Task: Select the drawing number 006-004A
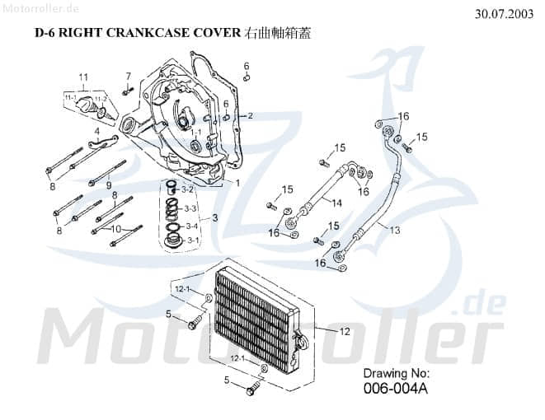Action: click(397, 390)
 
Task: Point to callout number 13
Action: click(395, 230)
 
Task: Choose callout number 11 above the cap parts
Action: click(82, 77)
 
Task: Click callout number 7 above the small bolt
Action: click(129, 77)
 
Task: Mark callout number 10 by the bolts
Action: click(116, 228)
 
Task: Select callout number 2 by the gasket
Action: click(250, 116)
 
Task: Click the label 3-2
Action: click(189, 189)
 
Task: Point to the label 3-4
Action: click(191, 226)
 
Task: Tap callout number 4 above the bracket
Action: click(96, 131)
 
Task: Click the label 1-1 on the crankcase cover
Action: click(195, 131)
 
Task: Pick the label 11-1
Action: click(71, 98)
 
